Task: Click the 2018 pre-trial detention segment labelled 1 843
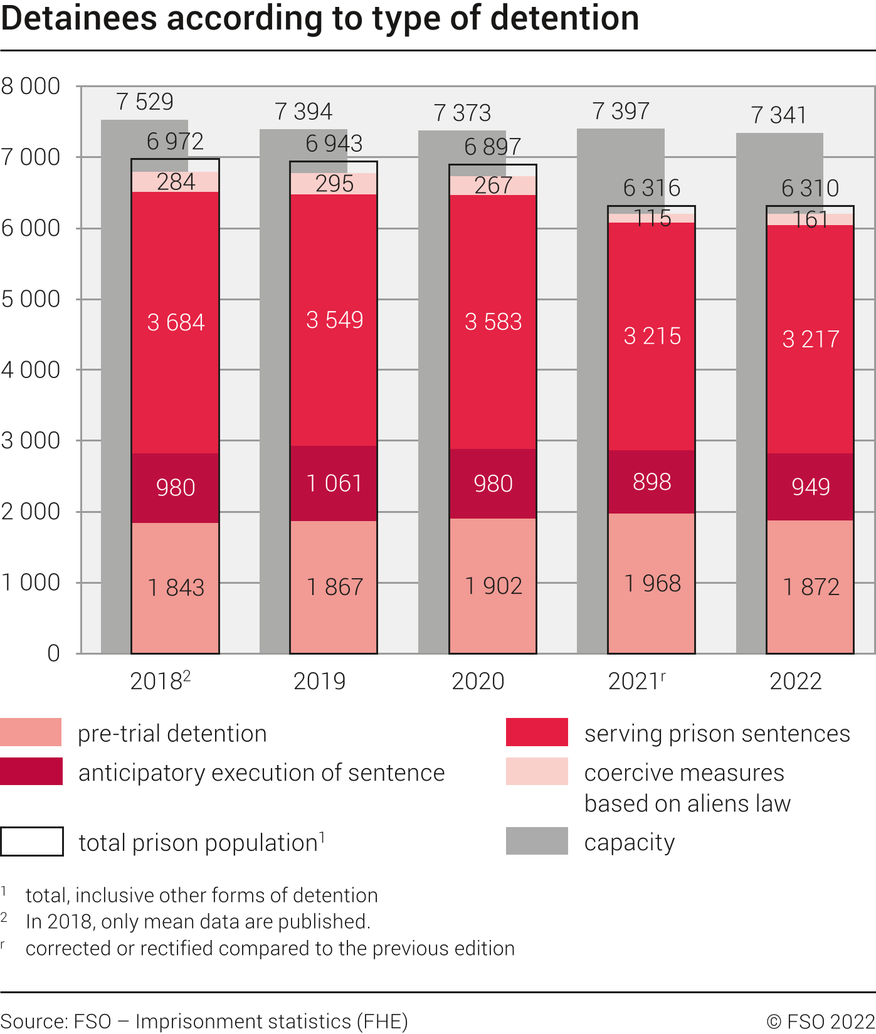(x=176, y=588)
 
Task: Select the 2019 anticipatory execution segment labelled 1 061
(x=334, y=483)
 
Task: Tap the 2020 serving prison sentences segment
(x=493, y=322)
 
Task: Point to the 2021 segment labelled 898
(x=652, y=482)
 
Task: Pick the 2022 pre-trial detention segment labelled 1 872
(x=810, y=587)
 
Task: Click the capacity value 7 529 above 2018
(x=145, y=102)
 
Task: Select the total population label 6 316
(x=652, y=187)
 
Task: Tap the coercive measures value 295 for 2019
(x=334, y=184)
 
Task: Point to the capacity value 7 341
(x=779, y=115)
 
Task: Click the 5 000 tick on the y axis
(x=31, y=299)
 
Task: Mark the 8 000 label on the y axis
(x=31, y=87)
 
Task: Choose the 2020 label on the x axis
(x=478, y=681)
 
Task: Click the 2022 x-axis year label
(x=795, y=681)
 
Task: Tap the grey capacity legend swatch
(x=537, y=841)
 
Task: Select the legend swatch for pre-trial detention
(x=31, y=732)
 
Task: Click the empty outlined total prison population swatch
(x=32, y=841)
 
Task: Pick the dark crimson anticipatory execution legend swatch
(x=31, y=771)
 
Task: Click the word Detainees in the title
(x=79, y=18)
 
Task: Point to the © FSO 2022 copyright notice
(x=820, y=1021)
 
